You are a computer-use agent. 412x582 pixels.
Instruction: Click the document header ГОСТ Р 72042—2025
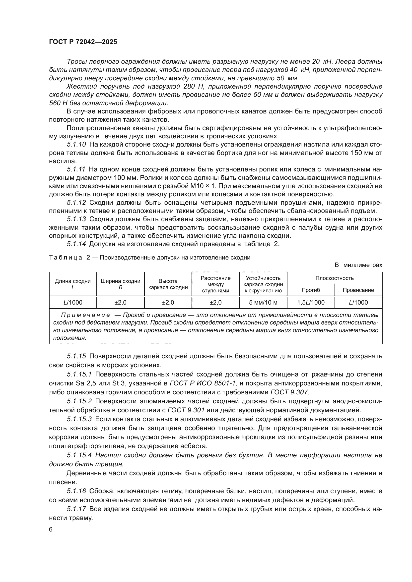[83, 42]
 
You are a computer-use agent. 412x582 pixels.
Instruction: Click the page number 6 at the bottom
[51, 529]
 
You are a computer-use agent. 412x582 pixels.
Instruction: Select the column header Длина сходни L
[73, 284]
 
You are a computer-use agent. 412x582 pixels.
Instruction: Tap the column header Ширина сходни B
[121, 284]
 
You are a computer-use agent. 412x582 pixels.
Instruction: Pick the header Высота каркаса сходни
[168, 284]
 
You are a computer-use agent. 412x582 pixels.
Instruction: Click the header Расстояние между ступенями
[216, 284]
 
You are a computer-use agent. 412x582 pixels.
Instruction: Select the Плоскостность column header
[334, 278]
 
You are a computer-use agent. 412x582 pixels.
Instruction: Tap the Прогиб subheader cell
[311, 290]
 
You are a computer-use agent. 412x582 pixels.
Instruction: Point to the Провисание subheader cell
[358, 290]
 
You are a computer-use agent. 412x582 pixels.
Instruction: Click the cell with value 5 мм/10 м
[263, 302]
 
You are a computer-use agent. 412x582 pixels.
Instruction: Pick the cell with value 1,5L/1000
[311, 302]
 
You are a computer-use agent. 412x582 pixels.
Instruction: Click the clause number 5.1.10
[76, 145]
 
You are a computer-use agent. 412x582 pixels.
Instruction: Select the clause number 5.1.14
[76, 244]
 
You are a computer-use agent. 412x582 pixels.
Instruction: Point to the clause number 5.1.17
[76, 509]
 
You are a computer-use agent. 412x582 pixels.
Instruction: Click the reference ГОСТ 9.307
[289, 392]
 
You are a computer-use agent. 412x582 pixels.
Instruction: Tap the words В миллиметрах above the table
[358, 265]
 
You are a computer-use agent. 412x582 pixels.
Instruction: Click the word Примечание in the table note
[85, 315]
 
